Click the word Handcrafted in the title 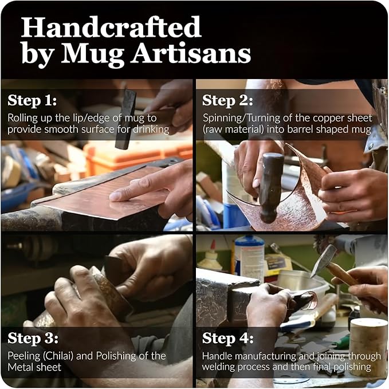click(111, 27)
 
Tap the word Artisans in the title click(191, 53)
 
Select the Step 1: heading click(32, 100)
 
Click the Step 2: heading click(228, 100)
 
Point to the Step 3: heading click(33, 338)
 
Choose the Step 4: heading click(228, 338)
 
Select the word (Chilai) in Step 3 click(58, 356)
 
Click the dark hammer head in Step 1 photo click(126, 119)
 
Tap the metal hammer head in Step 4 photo click(323, 261)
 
